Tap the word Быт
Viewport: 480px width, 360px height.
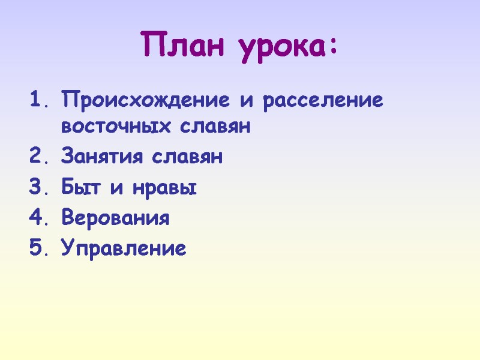79,188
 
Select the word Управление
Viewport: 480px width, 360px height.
124,248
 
